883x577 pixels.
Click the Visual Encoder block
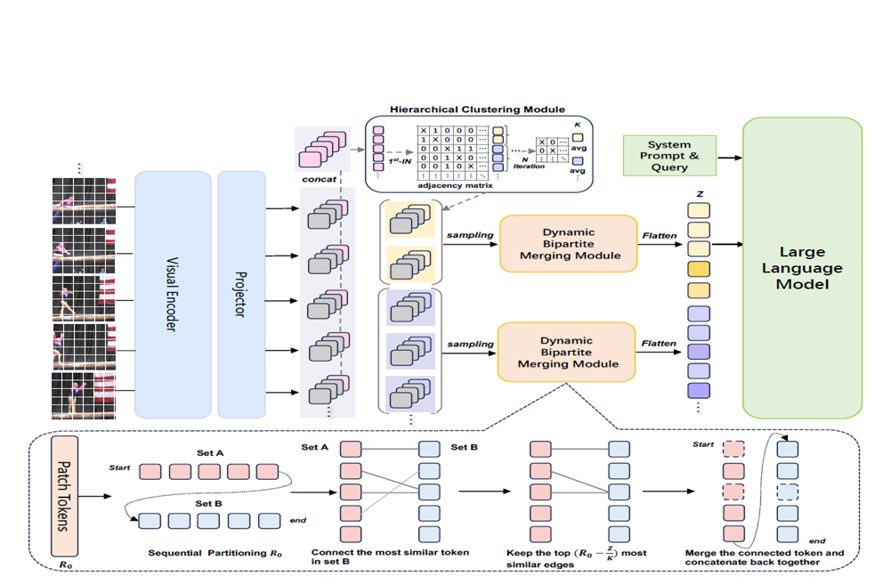pos(173,295)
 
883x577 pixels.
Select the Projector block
pos(241,295)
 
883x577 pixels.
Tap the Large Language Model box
pos(802,268)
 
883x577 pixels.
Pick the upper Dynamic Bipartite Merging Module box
pos(568,242)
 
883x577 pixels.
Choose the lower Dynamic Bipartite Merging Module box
pos(568,351)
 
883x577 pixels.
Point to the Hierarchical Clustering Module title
pos(477,110)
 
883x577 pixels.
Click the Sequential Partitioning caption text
pos(215,553)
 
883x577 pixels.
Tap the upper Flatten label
pos(659,236)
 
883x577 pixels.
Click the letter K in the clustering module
pos(577,124)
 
